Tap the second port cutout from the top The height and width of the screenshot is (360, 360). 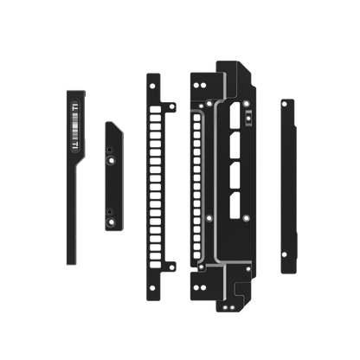coord(234,149)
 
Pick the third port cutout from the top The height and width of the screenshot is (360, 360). coord(234,177)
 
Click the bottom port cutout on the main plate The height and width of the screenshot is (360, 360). coord(234,206)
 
